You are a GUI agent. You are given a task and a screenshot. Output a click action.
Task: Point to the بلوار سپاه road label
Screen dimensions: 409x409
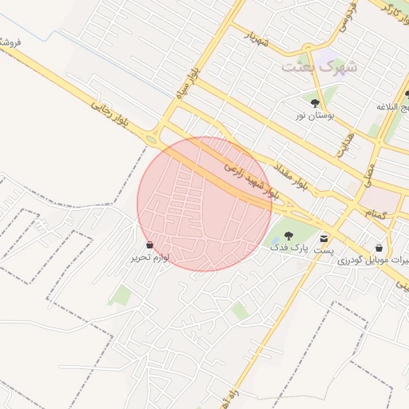point(185,85)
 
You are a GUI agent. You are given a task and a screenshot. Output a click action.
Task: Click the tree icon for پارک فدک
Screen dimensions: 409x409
point(288,236)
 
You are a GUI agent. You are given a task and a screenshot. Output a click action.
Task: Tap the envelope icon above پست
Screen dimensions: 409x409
point(324,237)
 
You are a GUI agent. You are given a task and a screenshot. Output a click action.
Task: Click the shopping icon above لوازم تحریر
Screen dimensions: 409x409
point(150,244)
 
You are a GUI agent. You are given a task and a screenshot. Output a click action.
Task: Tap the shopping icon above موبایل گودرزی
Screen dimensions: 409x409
point(378,248)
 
